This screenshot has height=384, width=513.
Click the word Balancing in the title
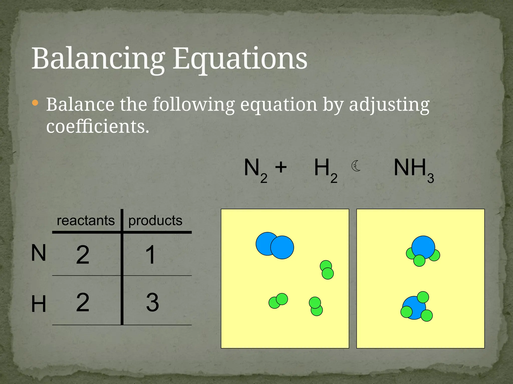(x=98, y=59)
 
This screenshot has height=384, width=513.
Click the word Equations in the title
(x=240, y=59)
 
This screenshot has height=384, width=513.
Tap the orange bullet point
(x=35, y=103)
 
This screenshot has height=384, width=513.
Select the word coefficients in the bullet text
(x=97, y=126)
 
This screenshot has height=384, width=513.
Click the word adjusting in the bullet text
(x=389, y=105)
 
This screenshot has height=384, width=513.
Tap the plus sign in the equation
(x=281, y=167)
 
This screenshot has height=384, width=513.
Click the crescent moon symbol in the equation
(x=356, y=166)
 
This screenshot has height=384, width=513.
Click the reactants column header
(x=86, y=220)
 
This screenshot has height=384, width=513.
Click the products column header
(x=155, y=220)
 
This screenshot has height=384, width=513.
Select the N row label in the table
(x=39, y=253)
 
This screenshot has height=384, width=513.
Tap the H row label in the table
(x=39, y=304)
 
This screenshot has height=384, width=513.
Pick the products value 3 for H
(x=152, y=302)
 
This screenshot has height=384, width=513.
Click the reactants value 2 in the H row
(x=83, y=302)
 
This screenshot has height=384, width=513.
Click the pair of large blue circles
(x=275, y=245)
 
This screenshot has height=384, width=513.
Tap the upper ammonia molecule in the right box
(x=423, y=251)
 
